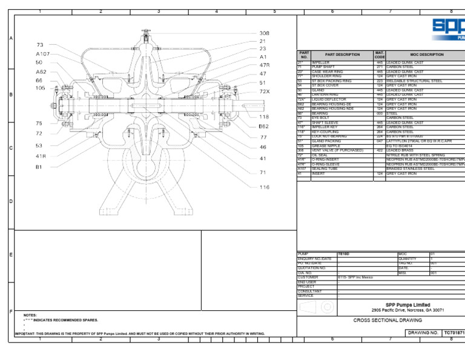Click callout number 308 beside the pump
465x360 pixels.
(265, 33)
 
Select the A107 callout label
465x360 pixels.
(43, 53)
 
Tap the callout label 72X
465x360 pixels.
(265, 91)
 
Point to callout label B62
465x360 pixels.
(263, 127)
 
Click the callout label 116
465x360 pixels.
(265, 187)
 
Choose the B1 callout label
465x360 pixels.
(39, 167)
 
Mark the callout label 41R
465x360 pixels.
(41, 156)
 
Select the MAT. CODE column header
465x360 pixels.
(380, 55)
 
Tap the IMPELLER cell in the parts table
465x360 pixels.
(321, 62)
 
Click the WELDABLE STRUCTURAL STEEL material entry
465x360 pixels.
(417, 81)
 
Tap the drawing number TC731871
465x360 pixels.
(454, 333)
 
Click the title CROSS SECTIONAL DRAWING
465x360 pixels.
(387, 320)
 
